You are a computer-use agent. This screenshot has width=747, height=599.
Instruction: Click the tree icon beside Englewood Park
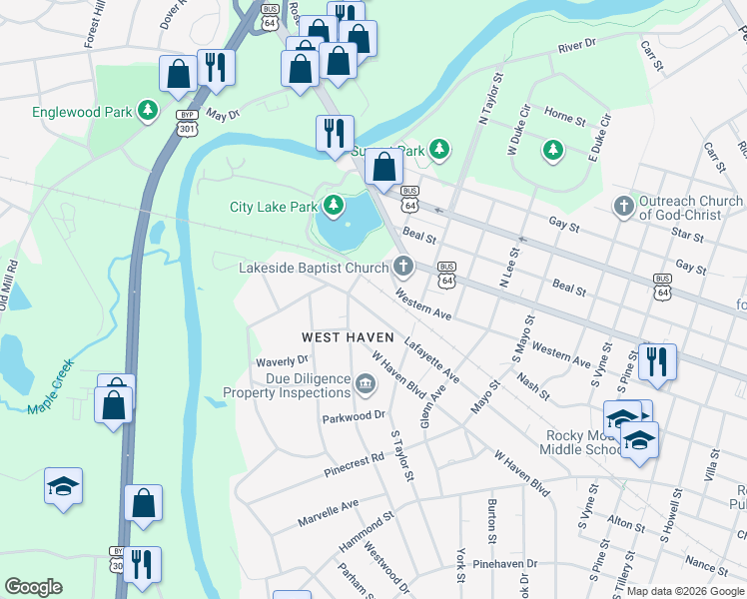[x=149, y=110]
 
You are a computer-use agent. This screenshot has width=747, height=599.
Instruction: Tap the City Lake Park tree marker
[x=333, y=207]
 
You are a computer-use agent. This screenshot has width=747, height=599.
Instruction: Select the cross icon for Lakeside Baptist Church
[x=403, y=267]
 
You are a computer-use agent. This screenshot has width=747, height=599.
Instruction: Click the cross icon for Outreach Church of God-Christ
[x=623, y=207]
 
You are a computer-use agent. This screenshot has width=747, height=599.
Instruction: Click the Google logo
[x=34, y=587]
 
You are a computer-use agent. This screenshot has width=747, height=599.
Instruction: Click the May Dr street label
[x=222, y=115]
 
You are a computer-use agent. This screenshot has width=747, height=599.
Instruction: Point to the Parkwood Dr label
[x=354, y=415]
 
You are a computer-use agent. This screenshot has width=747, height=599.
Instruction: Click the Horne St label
[x=565, y=120]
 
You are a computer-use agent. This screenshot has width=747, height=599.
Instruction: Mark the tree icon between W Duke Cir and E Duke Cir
[x=552, y=150]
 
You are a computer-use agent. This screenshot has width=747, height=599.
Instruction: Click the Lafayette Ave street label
[x=431, y=360]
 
